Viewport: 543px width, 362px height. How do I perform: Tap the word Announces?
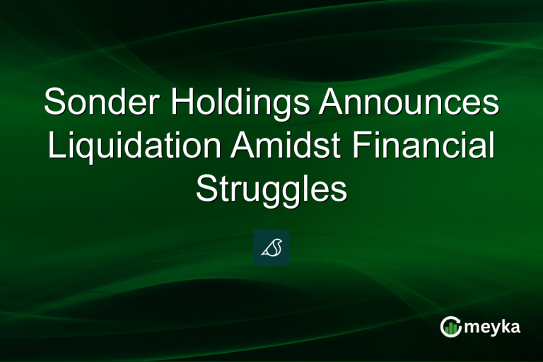coord(408,103)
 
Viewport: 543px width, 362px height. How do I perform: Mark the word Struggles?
coord(271,189)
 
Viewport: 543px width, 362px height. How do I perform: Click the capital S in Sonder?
coord(53,103)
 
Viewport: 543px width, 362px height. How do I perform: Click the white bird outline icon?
coord(271,247)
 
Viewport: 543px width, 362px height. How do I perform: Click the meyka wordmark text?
coord(492,327)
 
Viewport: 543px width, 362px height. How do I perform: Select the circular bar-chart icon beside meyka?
coord(450,326)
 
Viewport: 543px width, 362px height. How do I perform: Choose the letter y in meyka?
coord(491,329)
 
